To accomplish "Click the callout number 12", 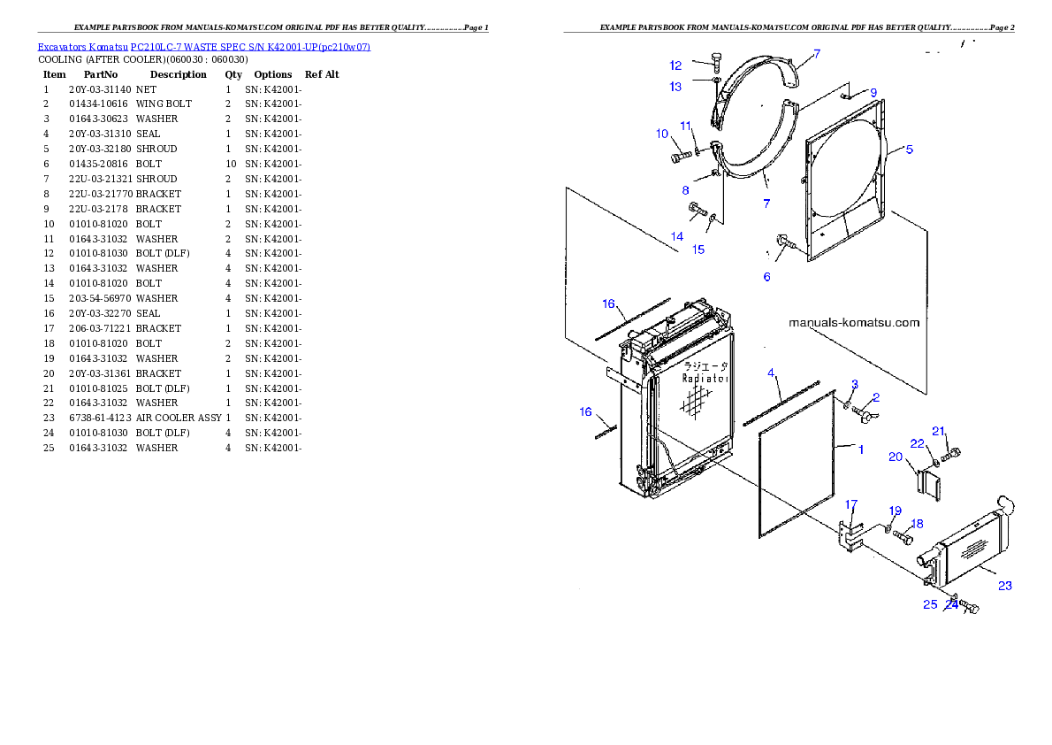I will pyautogui.click(x=675, y=65).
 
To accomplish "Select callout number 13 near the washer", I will pyautogui.click(x=675, y=87).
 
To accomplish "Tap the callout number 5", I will pyautogui.click(x=908, y=150).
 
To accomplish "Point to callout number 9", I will pyautogui.click(x=873, y=92).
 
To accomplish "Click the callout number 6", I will pyautogui.click(x=766, y=277).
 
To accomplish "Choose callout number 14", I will pyautogui.click(x=676, y=236).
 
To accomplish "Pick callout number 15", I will pyautogui.click(x=698, y=250).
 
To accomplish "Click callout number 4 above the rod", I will pyautogui.click(x=771, y=372).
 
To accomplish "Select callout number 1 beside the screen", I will pyautogui.click(x=861, y=449).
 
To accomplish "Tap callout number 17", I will pyautogui.click(x=851, y=504).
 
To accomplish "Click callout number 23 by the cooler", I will pyautogui.click(x=1005, y=585).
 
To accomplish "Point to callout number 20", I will pyautogui.click(x=896, y=457).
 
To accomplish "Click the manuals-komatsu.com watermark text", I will pyautogui.click(x=853, y=323).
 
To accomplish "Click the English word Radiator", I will pyautogui.click(x=705, y=378).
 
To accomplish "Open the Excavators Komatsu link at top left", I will pyautogui.click(x=203, y=47).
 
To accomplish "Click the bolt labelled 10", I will pyautogui.click(x=679, y=157).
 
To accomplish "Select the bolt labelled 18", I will pyautogui.click(x=903, y=536).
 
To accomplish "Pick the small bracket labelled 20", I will pyautogui.click(x=929, y=482).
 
